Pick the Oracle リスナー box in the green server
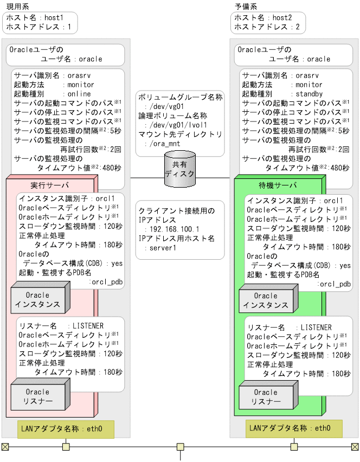coord(266,397)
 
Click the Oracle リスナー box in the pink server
coord(38,397)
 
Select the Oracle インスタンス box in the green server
coord(266,299)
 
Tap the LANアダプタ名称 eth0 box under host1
coord(66,429)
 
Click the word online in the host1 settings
coord(79,94)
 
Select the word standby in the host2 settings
coord(308,94)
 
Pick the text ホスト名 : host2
coord(262,17)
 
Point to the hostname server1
coord(163,248)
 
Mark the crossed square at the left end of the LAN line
coord(5,447)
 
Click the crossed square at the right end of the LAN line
coord(355,447)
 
